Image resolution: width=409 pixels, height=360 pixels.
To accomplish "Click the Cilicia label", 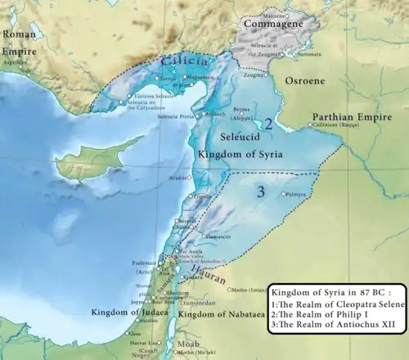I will pyautogui.click(x=178, y=61).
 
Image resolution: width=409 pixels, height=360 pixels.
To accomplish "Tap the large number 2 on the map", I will pyautogui.click(x=267, y=124).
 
